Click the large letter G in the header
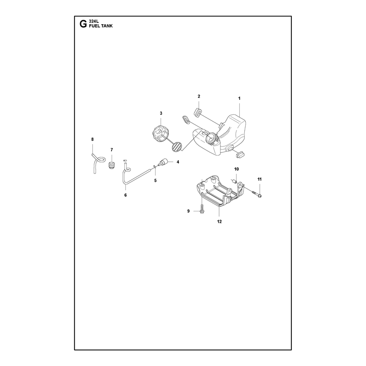coord(83,24)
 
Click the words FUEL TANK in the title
coord(101,26)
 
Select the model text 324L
coord(94,22)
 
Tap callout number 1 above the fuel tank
coord(239,98)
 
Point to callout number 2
coord(199,97)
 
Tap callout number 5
coord(156,181)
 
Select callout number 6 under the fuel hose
coord(125,195)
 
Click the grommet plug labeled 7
coord(112,165)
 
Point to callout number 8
coord(92,140)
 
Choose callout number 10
coord(237,169)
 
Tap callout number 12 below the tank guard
coord(220,222)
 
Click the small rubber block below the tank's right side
coord(240,154)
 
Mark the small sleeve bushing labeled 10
coord(234,181)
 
